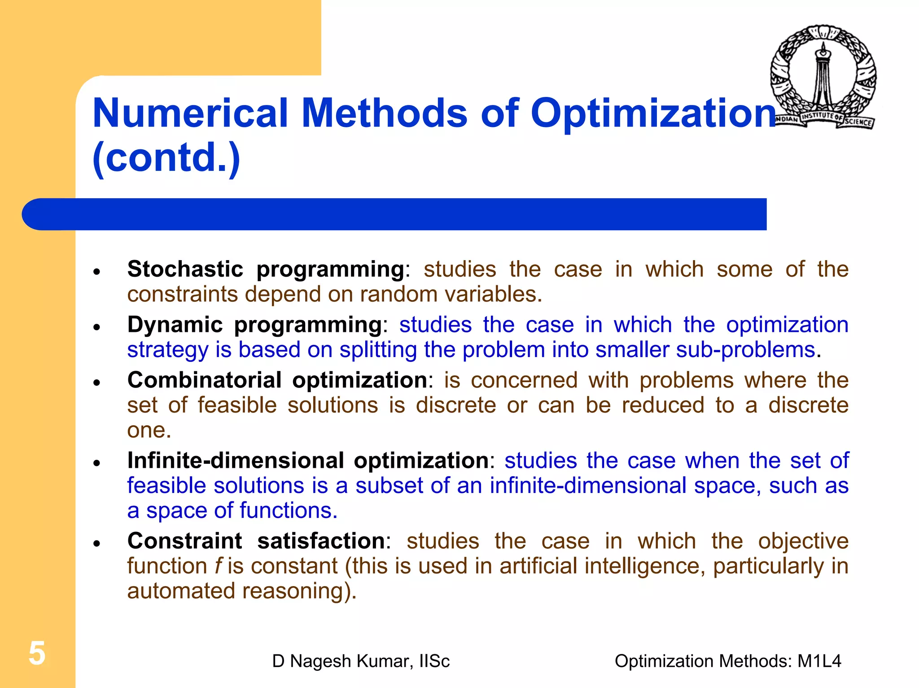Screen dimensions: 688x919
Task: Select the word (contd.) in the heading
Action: [166, 158]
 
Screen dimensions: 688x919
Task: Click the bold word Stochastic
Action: [185, 269]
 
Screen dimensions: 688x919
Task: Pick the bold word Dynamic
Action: [175, 324]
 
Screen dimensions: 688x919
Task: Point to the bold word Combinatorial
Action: [204, 380]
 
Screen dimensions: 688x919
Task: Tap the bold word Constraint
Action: [184, 541]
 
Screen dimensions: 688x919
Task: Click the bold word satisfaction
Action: [321, 541]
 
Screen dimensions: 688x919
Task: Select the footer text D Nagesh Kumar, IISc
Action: [361, 661]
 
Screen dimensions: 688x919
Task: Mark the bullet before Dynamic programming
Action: [96, 327]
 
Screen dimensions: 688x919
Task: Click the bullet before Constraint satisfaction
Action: [96, 544]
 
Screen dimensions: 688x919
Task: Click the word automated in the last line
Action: [181, 591]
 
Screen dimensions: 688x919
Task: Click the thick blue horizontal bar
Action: [395, 214]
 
